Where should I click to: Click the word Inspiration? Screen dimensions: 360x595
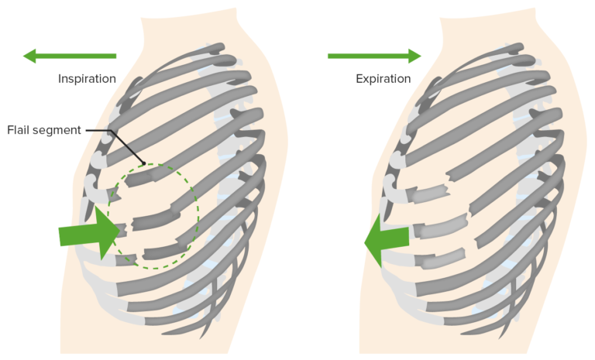[x=87, y=79]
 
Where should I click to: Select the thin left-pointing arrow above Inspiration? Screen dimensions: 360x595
[x=69, y=56]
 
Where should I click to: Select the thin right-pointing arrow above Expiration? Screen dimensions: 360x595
[x=374, y=56]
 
